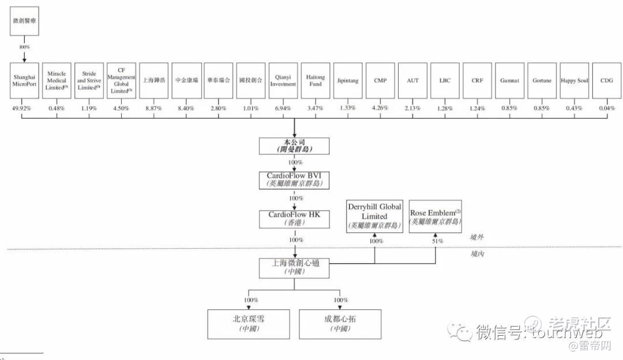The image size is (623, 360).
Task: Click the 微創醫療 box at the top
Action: pos(24,21)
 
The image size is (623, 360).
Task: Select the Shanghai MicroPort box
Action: pos(24,81)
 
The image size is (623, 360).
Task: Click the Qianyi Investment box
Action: pos(283,81)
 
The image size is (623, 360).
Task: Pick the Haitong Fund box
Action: pos(316,81)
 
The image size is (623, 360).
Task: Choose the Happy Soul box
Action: pos(574,81)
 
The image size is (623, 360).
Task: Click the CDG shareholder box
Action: pos(607,81)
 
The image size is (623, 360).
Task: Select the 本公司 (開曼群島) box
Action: pos(294,146)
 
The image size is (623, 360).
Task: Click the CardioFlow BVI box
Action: pos(294,179)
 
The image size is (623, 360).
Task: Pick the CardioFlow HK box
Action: pos(294,218)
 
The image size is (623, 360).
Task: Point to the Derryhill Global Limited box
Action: pos(374,216)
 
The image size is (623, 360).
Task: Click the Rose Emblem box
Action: pos(436,216)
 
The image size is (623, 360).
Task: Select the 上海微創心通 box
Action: pos(295,266)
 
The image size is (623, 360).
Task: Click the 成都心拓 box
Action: pos(340,324)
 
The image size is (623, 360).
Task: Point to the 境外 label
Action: pos(477,237)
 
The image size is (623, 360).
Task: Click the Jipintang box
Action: pos(348,81)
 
